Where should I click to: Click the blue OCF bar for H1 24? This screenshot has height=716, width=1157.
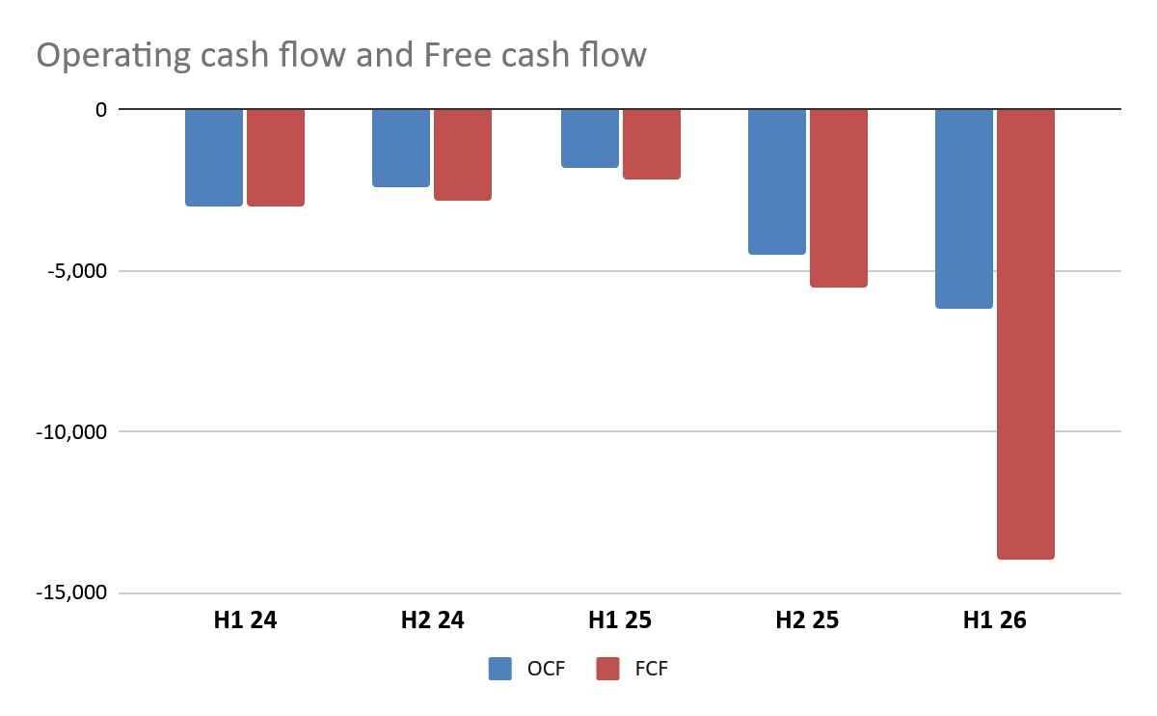214,157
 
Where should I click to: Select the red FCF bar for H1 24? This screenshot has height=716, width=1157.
276,157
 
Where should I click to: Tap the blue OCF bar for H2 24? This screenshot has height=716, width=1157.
401,148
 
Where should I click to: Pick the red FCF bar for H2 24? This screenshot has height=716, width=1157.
463,154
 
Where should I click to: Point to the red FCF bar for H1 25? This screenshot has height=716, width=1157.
651,144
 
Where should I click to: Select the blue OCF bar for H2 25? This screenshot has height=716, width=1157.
776,181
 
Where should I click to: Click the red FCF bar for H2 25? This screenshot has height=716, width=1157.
838,198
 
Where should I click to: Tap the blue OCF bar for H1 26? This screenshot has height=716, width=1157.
963,208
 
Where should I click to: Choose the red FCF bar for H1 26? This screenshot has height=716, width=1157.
1025,334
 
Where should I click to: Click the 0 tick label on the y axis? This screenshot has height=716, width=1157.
99,110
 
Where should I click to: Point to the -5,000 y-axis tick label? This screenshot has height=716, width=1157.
74,271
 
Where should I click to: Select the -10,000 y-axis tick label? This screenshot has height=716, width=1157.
69,432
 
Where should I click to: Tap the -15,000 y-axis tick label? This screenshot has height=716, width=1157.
69,593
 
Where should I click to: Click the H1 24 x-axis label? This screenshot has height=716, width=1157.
245,620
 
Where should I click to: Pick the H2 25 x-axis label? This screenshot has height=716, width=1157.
807,620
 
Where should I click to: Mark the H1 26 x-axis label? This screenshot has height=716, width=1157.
994,620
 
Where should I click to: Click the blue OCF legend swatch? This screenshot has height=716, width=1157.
500,669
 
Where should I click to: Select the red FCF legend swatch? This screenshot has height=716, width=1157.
607,669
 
